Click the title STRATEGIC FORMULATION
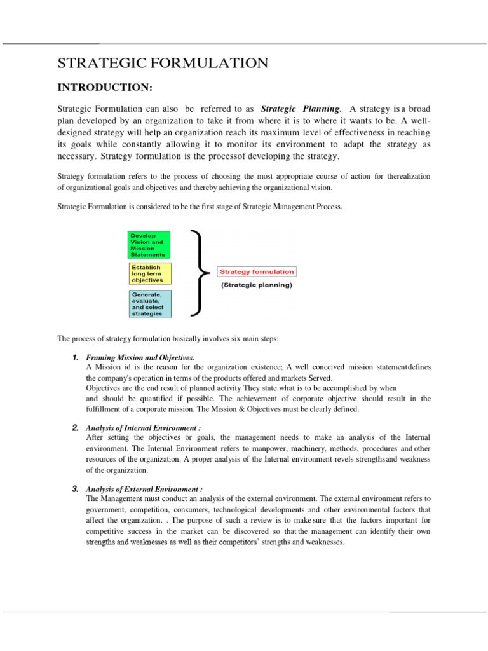pyautogui.click(x=163, y=62)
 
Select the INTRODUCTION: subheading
pyautogui.click(x=105, y=86)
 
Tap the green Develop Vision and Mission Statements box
pyautogui.click(x=147, y=245)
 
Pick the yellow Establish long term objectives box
pyautogui.click(x=147, y=273)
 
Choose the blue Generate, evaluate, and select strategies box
pyautogui.click(x=147, y=304)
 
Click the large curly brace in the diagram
pyautogui.click(x=200, y=273)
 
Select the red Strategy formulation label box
pyautogui.click(x=257, y=271)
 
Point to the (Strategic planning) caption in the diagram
pyautogui.click(x=257, y=285)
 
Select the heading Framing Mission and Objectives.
pyautogui.click(x=140, y=358)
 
